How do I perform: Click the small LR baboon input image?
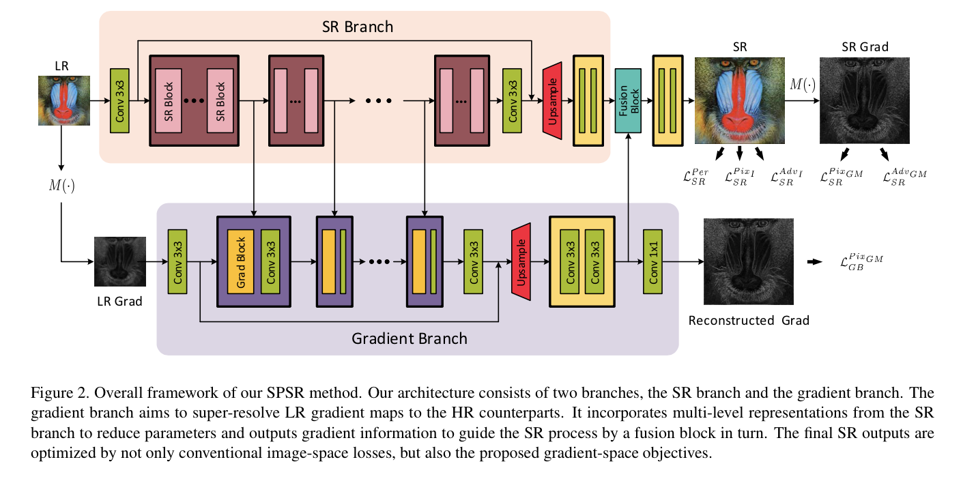62,101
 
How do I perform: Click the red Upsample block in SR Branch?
551,100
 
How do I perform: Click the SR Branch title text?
358,27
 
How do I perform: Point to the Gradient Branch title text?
409,338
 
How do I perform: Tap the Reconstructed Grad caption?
748,320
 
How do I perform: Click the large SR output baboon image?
739,100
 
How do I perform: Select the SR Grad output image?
864,100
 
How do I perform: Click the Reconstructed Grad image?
748,261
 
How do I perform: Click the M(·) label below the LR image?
62,186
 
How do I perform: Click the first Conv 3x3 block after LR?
119,100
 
